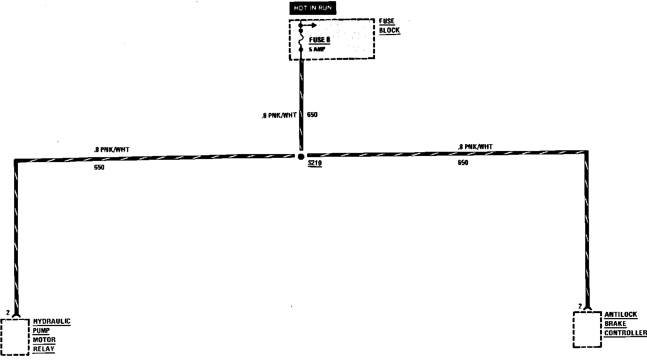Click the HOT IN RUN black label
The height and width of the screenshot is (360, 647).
[312, 8]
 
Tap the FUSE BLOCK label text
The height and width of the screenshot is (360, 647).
[389, 26]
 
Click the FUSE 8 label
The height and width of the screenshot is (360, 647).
[319, 40]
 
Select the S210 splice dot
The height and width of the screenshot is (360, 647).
[301, 156]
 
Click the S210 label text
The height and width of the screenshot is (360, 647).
[315, 164]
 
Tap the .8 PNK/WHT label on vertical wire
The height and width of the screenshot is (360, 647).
[279, 115]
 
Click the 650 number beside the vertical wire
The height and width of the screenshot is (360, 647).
[312, 115]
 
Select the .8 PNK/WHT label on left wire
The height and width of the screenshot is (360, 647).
[111, 150]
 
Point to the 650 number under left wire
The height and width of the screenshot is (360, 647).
[99, 167]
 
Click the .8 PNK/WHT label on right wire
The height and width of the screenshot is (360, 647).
[475, 147]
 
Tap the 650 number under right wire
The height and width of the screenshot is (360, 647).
[463, 163]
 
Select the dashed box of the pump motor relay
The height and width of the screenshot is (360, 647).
[15, 337]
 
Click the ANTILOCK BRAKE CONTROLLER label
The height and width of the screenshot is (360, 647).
[625, 324]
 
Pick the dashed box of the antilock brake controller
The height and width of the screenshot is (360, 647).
[587, 329]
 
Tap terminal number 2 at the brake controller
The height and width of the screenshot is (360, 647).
[580, 306]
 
